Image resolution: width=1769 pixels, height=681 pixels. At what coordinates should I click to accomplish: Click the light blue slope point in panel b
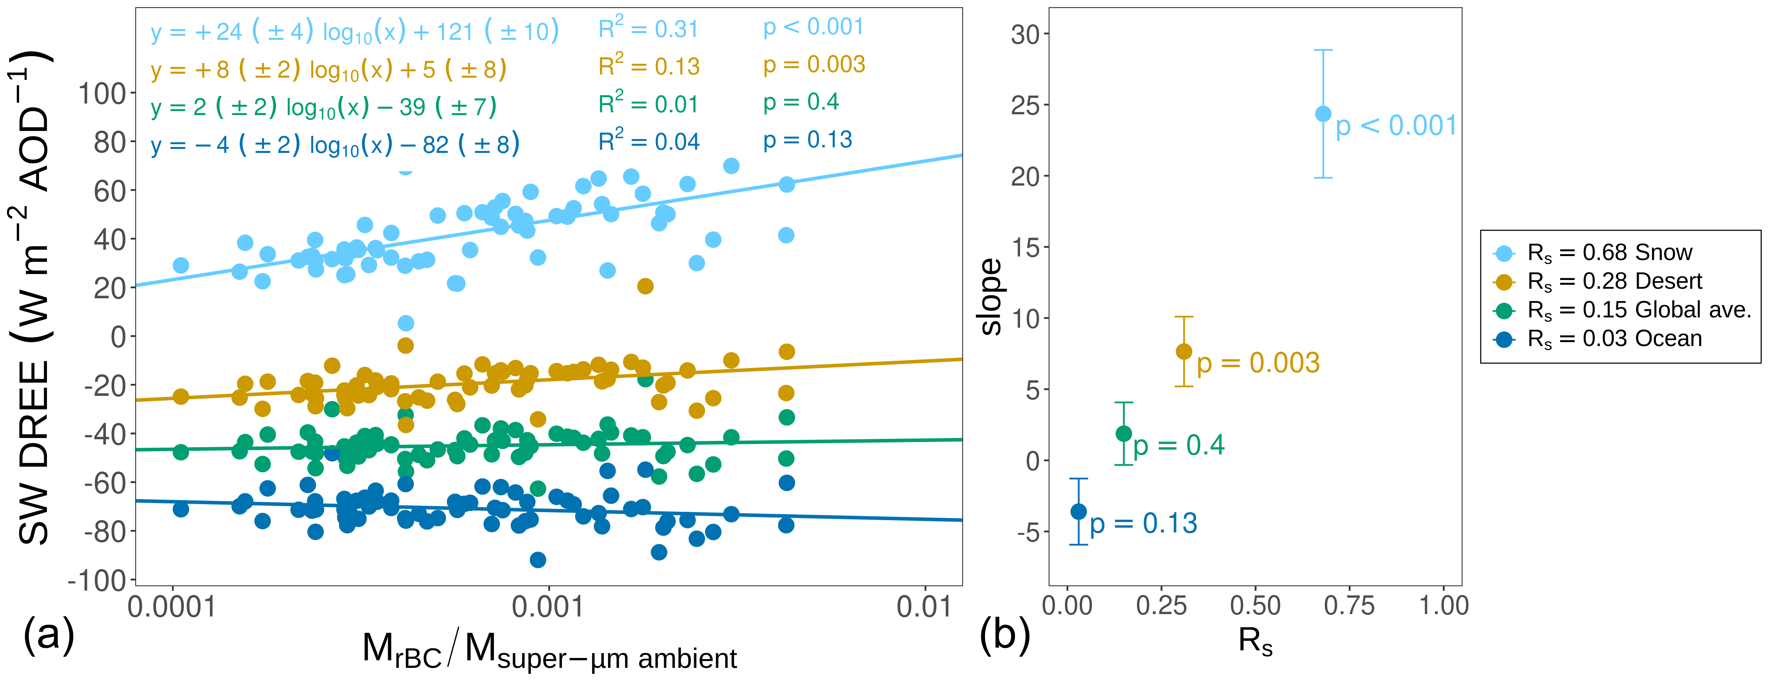click(x=1322, y=114)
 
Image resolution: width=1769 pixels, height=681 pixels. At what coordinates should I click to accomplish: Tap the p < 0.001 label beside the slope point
click(x=1395, y=126)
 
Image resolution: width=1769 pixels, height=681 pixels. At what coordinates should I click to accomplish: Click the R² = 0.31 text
click(x=648, y=28)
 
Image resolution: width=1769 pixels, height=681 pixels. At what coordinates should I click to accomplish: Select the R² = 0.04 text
click(x=648, y=141)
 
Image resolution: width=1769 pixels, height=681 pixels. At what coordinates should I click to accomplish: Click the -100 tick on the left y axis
click(x=98, y=581)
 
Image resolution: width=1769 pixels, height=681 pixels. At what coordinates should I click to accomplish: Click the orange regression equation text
click(x=328, y=69)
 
